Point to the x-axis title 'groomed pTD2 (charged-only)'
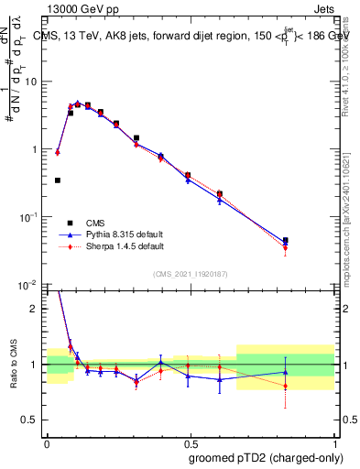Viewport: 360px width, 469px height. point(265,459)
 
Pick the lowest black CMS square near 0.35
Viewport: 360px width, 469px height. point(58,180)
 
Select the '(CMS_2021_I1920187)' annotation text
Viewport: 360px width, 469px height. point(190,274)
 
